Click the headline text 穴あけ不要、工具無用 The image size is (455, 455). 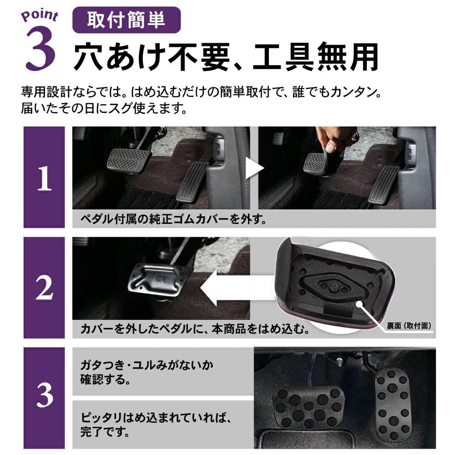pyautogui.click(x=226, y=56)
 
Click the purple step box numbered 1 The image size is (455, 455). pyautogui.click(x=44, y=177)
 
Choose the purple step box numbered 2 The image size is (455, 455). pyautogui.click(x=44, y=288)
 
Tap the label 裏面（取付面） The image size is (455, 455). pyautogui.click(x=409, y=325)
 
